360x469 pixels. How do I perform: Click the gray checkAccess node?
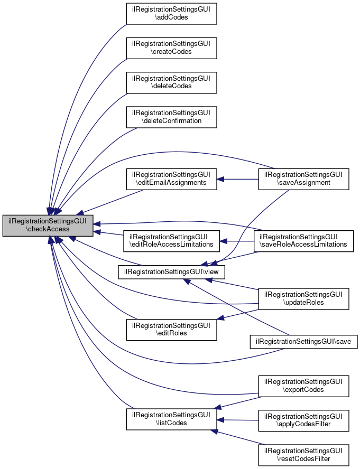(x=48, y=225)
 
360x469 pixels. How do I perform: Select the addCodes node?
(x=171, y=13)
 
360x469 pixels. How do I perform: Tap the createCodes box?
(x=171, y=48)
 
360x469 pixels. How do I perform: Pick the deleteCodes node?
(x=171, y=82)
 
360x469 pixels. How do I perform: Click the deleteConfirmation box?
(x=171, y=116)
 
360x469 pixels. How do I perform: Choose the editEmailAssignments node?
(x=171, y=179)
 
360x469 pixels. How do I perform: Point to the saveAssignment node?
(x=303, y=179)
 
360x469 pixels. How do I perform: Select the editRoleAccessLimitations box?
(x=171, y=240)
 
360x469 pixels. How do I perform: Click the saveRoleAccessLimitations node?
(x=303, y=240)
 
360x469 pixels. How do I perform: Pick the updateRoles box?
(x=303, y=298)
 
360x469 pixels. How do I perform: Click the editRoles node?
(x=171, y=329)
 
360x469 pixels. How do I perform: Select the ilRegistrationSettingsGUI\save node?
(x=303, y=342)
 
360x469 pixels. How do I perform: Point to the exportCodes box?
(x=303, y=386)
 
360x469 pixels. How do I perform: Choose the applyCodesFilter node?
(x=303, y=420)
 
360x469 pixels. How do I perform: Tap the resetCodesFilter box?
(x=303, y=455)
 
